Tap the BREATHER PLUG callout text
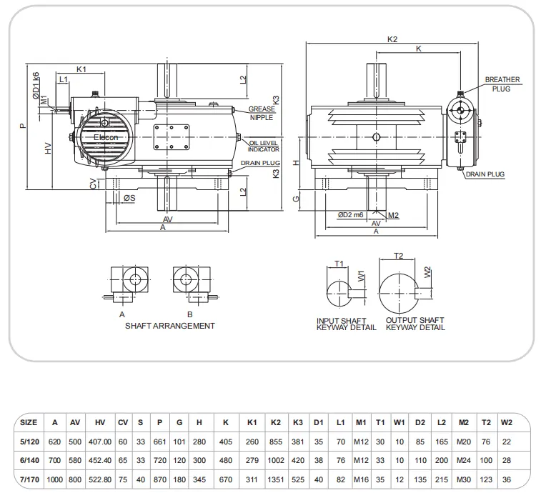(502, 84)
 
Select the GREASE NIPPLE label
(262, 113)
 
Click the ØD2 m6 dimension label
(352, 214)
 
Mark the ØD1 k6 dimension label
(36, 85)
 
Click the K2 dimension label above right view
(392, 39)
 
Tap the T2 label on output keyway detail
(399, 256)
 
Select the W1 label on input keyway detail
(361, 275)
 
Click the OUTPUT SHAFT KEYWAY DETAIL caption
(415, 324)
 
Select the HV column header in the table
(99, 422)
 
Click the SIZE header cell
(29, 422)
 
